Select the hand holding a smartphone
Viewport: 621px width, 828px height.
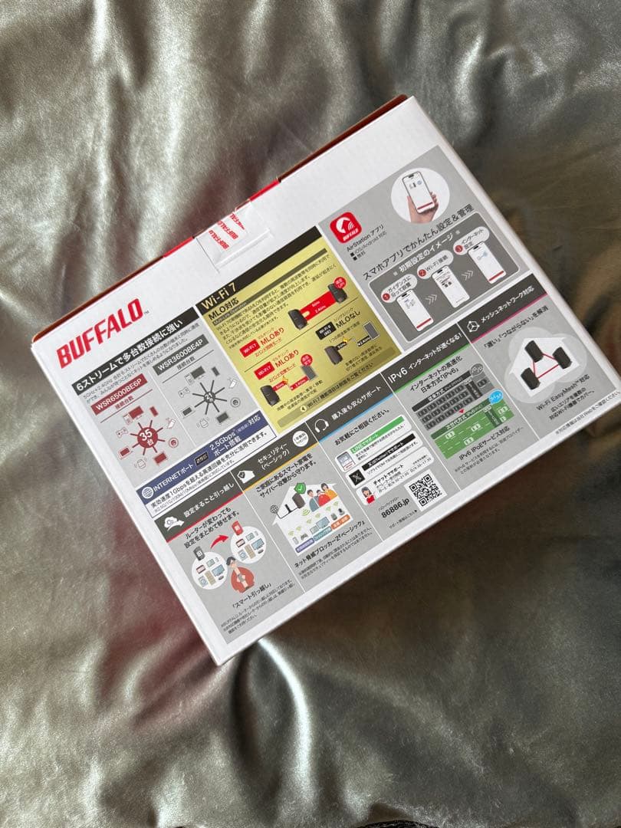click(x=419, y=196)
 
